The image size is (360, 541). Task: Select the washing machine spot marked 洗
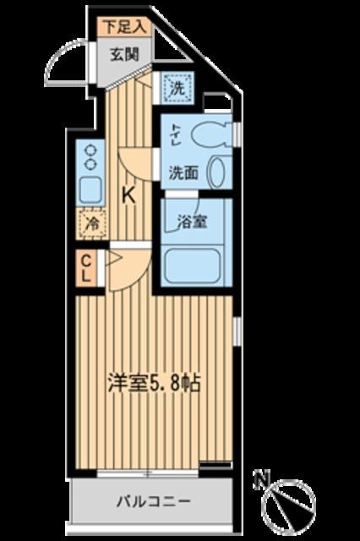[179, 86]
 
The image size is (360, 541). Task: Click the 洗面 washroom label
[183, 172]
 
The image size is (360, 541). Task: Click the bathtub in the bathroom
[194, 265]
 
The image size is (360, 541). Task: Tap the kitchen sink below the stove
[89, 189]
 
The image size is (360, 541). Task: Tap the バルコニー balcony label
[153, 500]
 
